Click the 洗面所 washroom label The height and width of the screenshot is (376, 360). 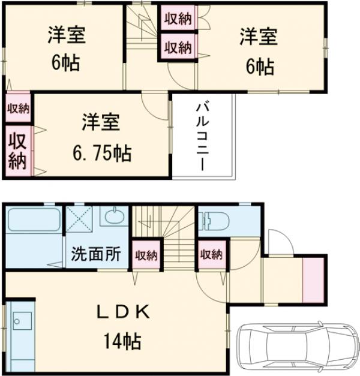click(97, 253)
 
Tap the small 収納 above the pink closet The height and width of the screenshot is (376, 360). click(19, 108)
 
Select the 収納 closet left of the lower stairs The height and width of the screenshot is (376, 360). click(146, 255)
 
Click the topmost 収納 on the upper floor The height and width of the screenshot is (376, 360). click(177, 19)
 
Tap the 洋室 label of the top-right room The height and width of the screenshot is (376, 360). click(259, 37)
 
